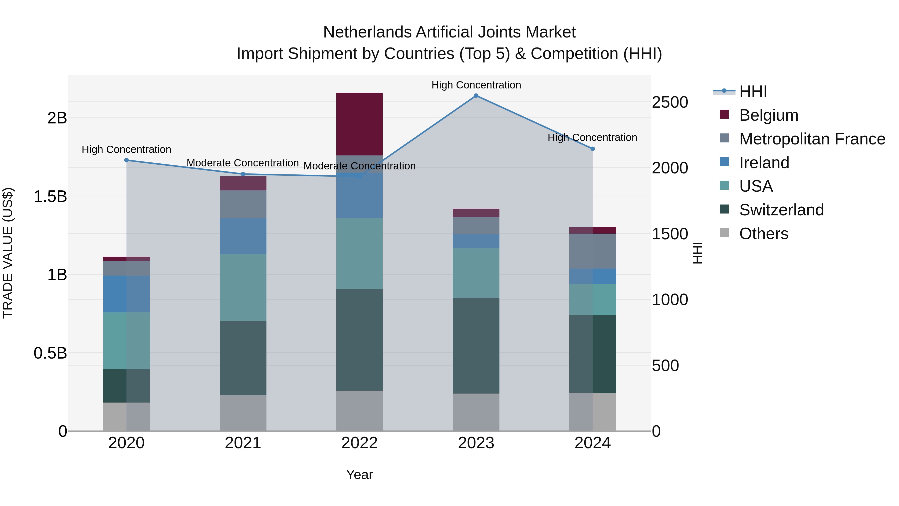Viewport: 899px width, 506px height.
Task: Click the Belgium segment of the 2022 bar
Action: tap(359, 124)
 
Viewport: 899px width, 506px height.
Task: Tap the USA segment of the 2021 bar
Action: tap(243, 287)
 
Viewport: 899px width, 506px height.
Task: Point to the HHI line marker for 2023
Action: tap(476, 96)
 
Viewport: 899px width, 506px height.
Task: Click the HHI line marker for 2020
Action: tap(127, 160)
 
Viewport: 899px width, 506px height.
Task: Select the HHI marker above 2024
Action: tap(593, 149)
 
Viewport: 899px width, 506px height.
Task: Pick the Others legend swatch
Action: tap(724, 233)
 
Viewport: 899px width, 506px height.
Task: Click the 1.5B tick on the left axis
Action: tap(50, 196)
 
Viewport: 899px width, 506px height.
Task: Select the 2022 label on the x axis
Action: tap(359, 443)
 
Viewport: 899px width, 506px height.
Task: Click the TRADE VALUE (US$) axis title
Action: tap(8, 253)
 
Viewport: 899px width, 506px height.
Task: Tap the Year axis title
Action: tap(359, 475)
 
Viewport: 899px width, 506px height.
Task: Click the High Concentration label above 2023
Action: tap(476, 85)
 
